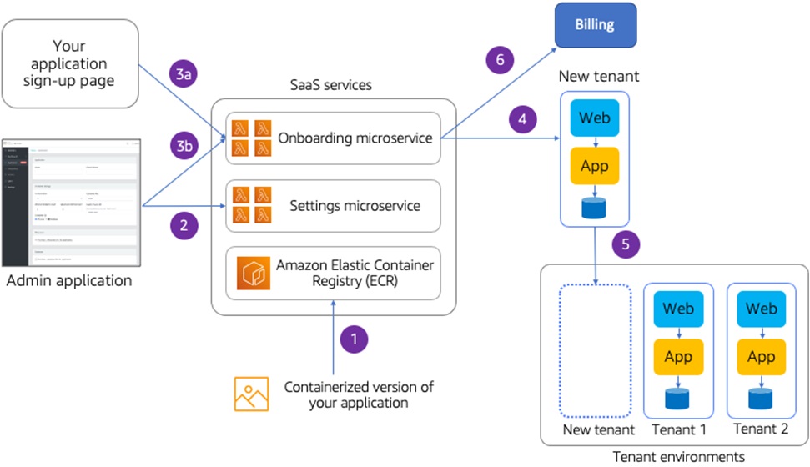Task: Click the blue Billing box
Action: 595,24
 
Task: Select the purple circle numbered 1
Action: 355,339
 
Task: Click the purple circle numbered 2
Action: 184,223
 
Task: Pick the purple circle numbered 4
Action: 522,120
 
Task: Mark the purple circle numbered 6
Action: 500,60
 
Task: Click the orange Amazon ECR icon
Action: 250,274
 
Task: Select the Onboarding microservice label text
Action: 355,138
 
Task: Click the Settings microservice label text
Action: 355,205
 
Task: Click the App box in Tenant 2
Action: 761,357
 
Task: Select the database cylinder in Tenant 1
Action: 678,399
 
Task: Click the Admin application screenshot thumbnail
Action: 71,202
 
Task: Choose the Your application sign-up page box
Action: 70,63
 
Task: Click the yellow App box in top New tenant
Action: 595,166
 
